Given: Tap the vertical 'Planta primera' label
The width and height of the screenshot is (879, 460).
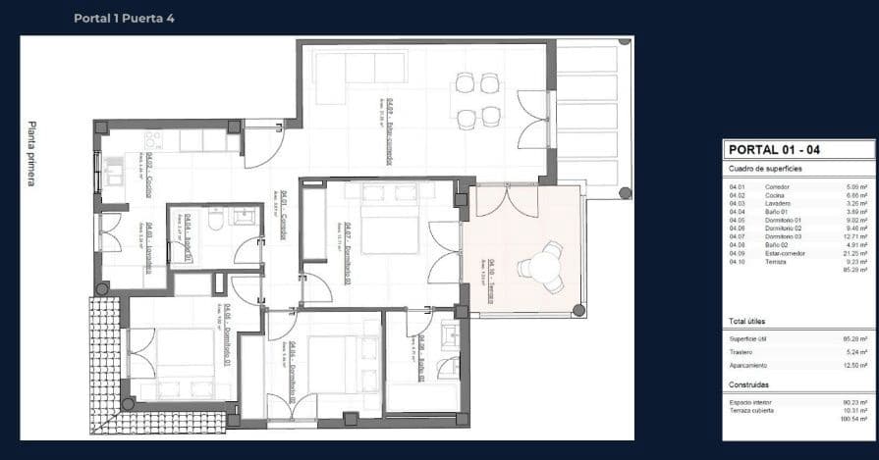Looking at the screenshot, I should point(32,154).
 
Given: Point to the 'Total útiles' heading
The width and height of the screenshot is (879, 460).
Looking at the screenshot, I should point(746,321).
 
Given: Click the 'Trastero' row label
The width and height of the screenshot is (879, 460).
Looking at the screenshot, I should point(741,351).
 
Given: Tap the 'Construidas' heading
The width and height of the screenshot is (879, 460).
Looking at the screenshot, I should point(748,385).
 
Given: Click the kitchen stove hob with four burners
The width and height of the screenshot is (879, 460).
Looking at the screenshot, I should point(155,138).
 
